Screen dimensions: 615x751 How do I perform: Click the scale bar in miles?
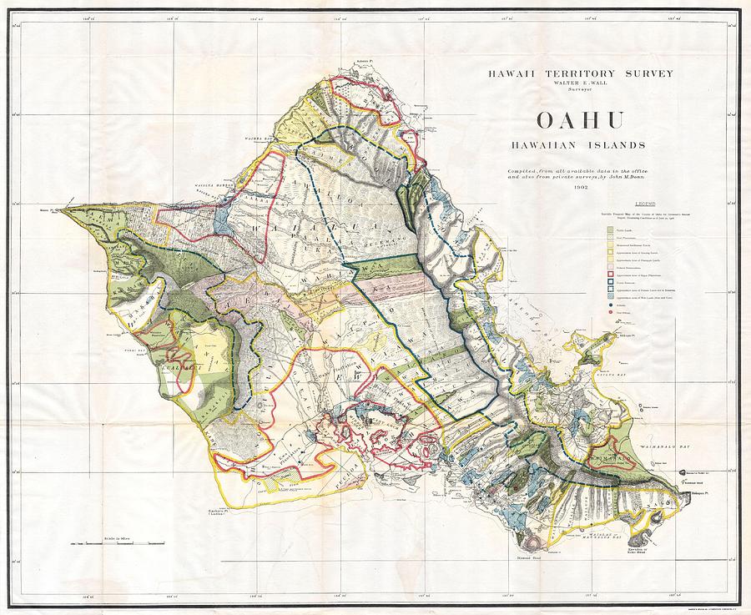[118, 543]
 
